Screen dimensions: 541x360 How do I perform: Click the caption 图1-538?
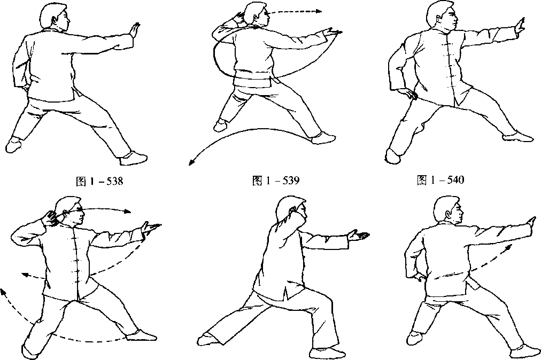click(99, 181)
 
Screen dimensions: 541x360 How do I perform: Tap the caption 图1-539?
click(276, 181)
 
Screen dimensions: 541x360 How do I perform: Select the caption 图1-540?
click(440, 179)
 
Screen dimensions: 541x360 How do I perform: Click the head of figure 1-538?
click(55, 17)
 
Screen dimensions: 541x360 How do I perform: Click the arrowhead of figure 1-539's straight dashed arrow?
click(318, 11)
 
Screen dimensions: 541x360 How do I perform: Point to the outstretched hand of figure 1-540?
click(519, 25)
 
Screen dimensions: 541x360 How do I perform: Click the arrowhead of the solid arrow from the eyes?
click(128, 212)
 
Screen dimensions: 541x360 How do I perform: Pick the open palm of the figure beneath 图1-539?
click(358, 236)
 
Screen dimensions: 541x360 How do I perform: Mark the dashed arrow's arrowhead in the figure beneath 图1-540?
click(508, 248)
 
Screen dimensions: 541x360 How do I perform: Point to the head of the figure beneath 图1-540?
click(448, 210)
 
